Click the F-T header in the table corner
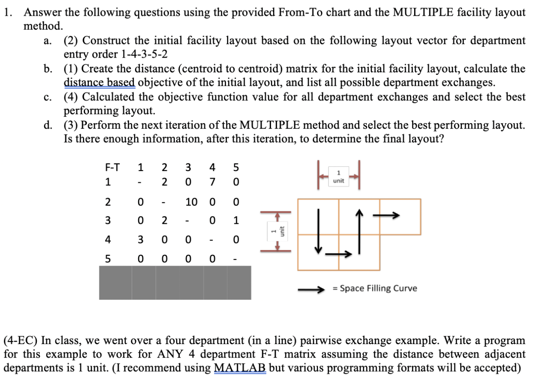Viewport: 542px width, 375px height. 112,167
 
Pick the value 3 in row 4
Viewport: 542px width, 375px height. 140,240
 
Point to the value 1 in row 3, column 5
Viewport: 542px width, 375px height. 236,221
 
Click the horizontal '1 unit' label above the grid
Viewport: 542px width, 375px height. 338,177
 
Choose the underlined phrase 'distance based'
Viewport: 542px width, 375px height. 100,82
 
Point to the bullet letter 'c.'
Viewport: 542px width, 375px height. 48,97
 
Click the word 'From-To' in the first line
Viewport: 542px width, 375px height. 299,12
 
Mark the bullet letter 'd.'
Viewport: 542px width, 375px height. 48,125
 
